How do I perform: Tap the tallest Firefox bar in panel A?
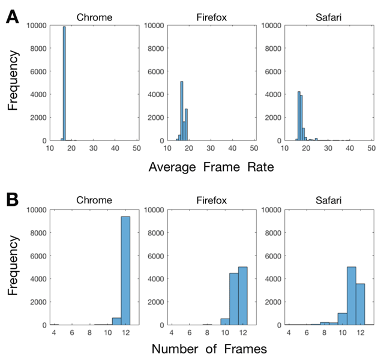(182, 111)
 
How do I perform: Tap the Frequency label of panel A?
(13, 83)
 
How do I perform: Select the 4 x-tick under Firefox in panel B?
(171, 331)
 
